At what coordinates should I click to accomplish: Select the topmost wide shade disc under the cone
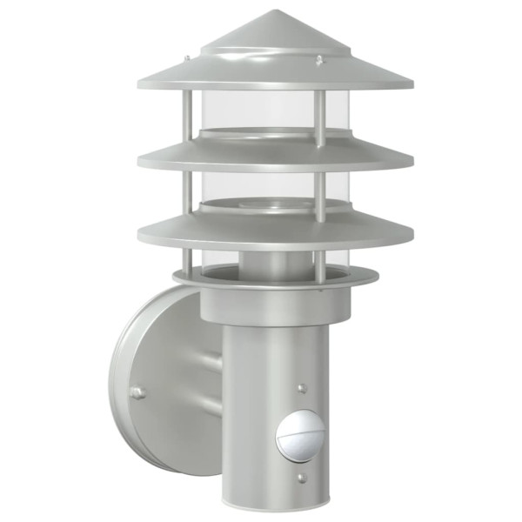tap(274, 81)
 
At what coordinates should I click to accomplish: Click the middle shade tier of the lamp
tap(274, 157)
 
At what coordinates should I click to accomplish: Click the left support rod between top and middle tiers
tap(187, 117)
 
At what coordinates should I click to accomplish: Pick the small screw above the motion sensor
tap(300, 389)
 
